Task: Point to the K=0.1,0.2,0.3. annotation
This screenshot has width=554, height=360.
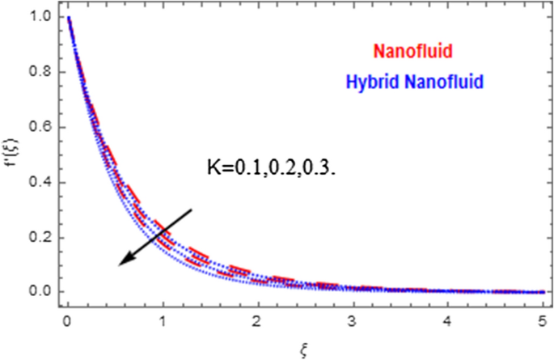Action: coord(269,171)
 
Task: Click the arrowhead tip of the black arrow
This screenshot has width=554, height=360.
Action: coord(118,265)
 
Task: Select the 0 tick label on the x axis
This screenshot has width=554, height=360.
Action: coord(69,321)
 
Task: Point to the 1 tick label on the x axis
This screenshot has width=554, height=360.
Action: coord(163,321)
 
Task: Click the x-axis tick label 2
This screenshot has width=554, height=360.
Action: coord(256,321)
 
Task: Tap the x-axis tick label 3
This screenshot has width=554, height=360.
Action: coord(351,321)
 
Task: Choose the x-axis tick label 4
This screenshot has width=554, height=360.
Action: coord(445,321)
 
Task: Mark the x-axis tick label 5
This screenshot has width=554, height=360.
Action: coord(539,321)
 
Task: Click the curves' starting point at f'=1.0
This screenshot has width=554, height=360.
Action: coord(70,17)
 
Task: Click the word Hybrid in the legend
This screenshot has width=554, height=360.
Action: coord(367,81)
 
